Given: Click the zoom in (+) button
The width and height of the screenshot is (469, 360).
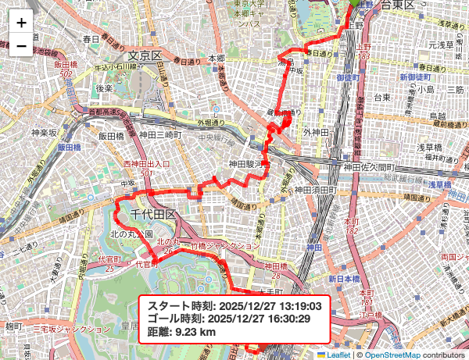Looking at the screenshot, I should [x=21, y=23].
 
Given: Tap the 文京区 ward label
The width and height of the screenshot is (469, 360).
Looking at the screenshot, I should [x=144, y=56].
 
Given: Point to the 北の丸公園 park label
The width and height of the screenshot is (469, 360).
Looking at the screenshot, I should [x=131, y=233].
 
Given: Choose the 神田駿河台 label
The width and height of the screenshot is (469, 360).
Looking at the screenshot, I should [x=249, y=165].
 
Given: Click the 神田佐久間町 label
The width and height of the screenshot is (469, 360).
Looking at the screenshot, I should [x=371, y=166].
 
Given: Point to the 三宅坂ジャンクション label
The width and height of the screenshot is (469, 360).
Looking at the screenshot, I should [x=62, y=330].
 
